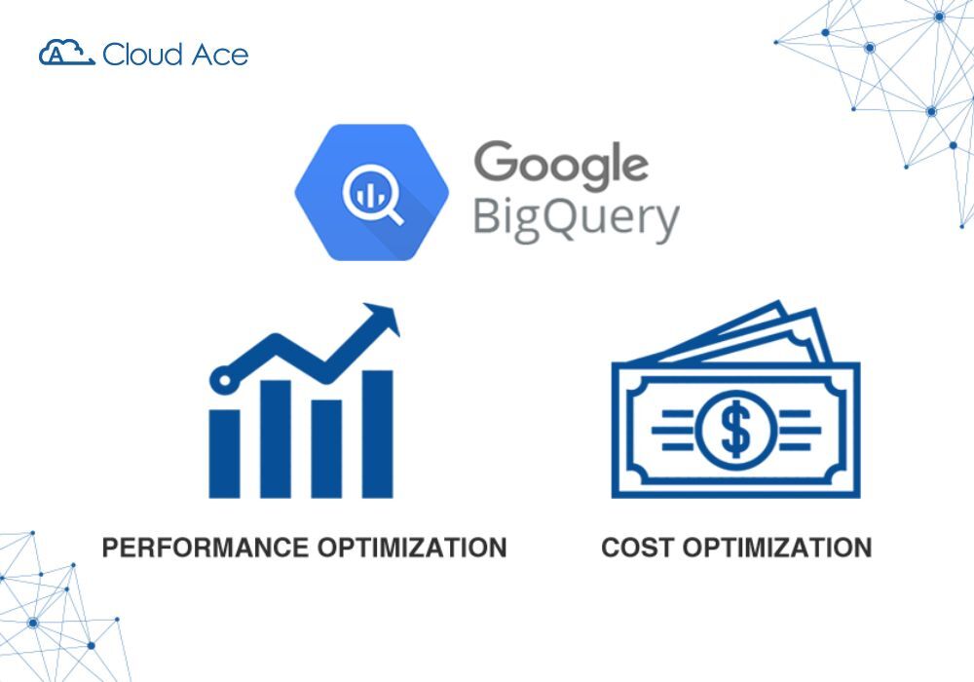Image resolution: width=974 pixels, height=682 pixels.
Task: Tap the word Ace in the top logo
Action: (216, 54)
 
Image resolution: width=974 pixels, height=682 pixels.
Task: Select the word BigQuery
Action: (575, 219)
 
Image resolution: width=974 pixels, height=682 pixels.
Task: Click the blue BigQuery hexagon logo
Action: (372, 193)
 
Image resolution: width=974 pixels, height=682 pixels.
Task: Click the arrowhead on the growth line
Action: (384, 319)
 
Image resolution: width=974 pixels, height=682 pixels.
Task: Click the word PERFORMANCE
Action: (206, 548)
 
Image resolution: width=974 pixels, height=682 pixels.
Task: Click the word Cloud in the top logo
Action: (141, 54)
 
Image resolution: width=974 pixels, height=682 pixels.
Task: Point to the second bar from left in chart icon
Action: (276, 438)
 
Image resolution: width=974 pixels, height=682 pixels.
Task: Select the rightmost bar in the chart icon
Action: (378, 434)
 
